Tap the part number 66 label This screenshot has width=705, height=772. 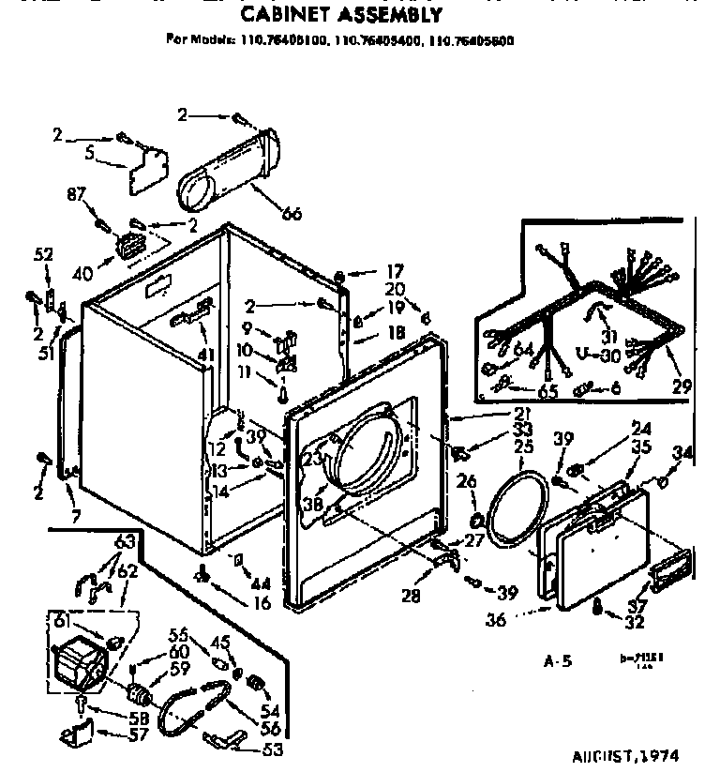click(x=292, y=214)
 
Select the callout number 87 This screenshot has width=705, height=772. click(x=76, y=194)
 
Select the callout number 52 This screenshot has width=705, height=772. click(x=43, y=253)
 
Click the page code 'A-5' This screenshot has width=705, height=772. click(x=558, y=661)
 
